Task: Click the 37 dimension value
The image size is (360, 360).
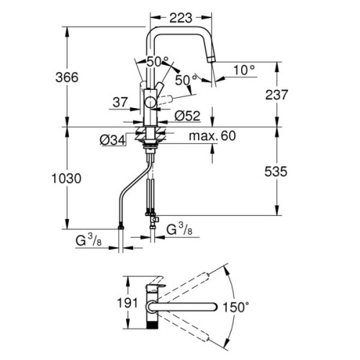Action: [x=120, y=104]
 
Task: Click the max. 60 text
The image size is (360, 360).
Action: [x=212, y=135]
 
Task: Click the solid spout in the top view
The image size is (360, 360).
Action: [x=187, y=306]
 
